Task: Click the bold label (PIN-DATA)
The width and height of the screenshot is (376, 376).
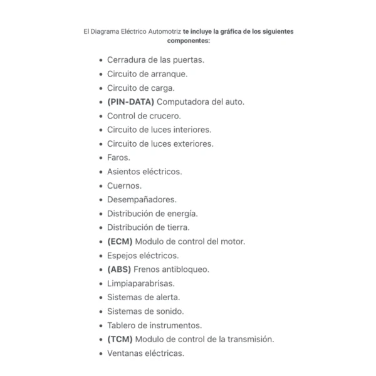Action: coord(130,102)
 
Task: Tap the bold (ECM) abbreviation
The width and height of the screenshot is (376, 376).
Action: coord(120,241)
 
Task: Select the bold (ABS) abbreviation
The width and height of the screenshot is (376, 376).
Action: coord(119,269)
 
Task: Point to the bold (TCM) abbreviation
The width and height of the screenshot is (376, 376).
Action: coord(120,339)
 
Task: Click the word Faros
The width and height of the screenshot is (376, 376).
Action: coord(118,157)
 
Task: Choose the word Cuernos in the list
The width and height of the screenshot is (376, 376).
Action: coord(124,185)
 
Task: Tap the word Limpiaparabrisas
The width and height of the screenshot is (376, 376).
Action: coord(140,283)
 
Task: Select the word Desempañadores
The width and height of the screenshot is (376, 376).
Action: coord(142,199)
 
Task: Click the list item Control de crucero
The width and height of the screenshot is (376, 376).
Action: coord(144,115)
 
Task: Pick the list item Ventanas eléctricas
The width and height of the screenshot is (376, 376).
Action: coord(145,353)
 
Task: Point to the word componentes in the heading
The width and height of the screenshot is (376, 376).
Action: coord(188,40)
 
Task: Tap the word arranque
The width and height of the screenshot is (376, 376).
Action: coord(165,73)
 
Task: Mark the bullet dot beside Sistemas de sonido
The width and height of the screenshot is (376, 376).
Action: coord(101,311)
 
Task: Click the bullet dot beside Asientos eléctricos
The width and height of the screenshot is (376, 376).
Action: coord(101,172)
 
